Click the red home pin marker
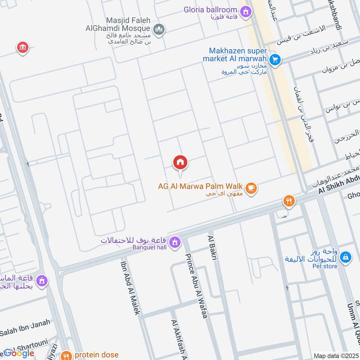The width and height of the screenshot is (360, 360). click(x=180, y=163)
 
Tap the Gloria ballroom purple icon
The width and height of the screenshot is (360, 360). click(x=246, y=12)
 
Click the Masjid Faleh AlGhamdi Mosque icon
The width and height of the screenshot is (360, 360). click(x=158, y=30)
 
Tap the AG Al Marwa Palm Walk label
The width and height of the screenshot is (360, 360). click(x=200, y=186)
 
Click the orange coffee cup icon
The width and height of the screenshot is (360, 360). click(x=252, y=189)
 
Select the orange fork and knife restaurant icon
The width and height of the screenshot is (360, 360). click(x=289, y=201)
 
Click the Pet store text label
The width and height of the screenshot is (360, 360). click(x=324, y=266)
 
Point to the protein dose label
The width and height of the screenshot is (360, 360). click(x=97, y=355)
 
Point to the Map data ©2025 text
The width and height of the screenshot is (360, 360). click(x=335, y=356)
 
